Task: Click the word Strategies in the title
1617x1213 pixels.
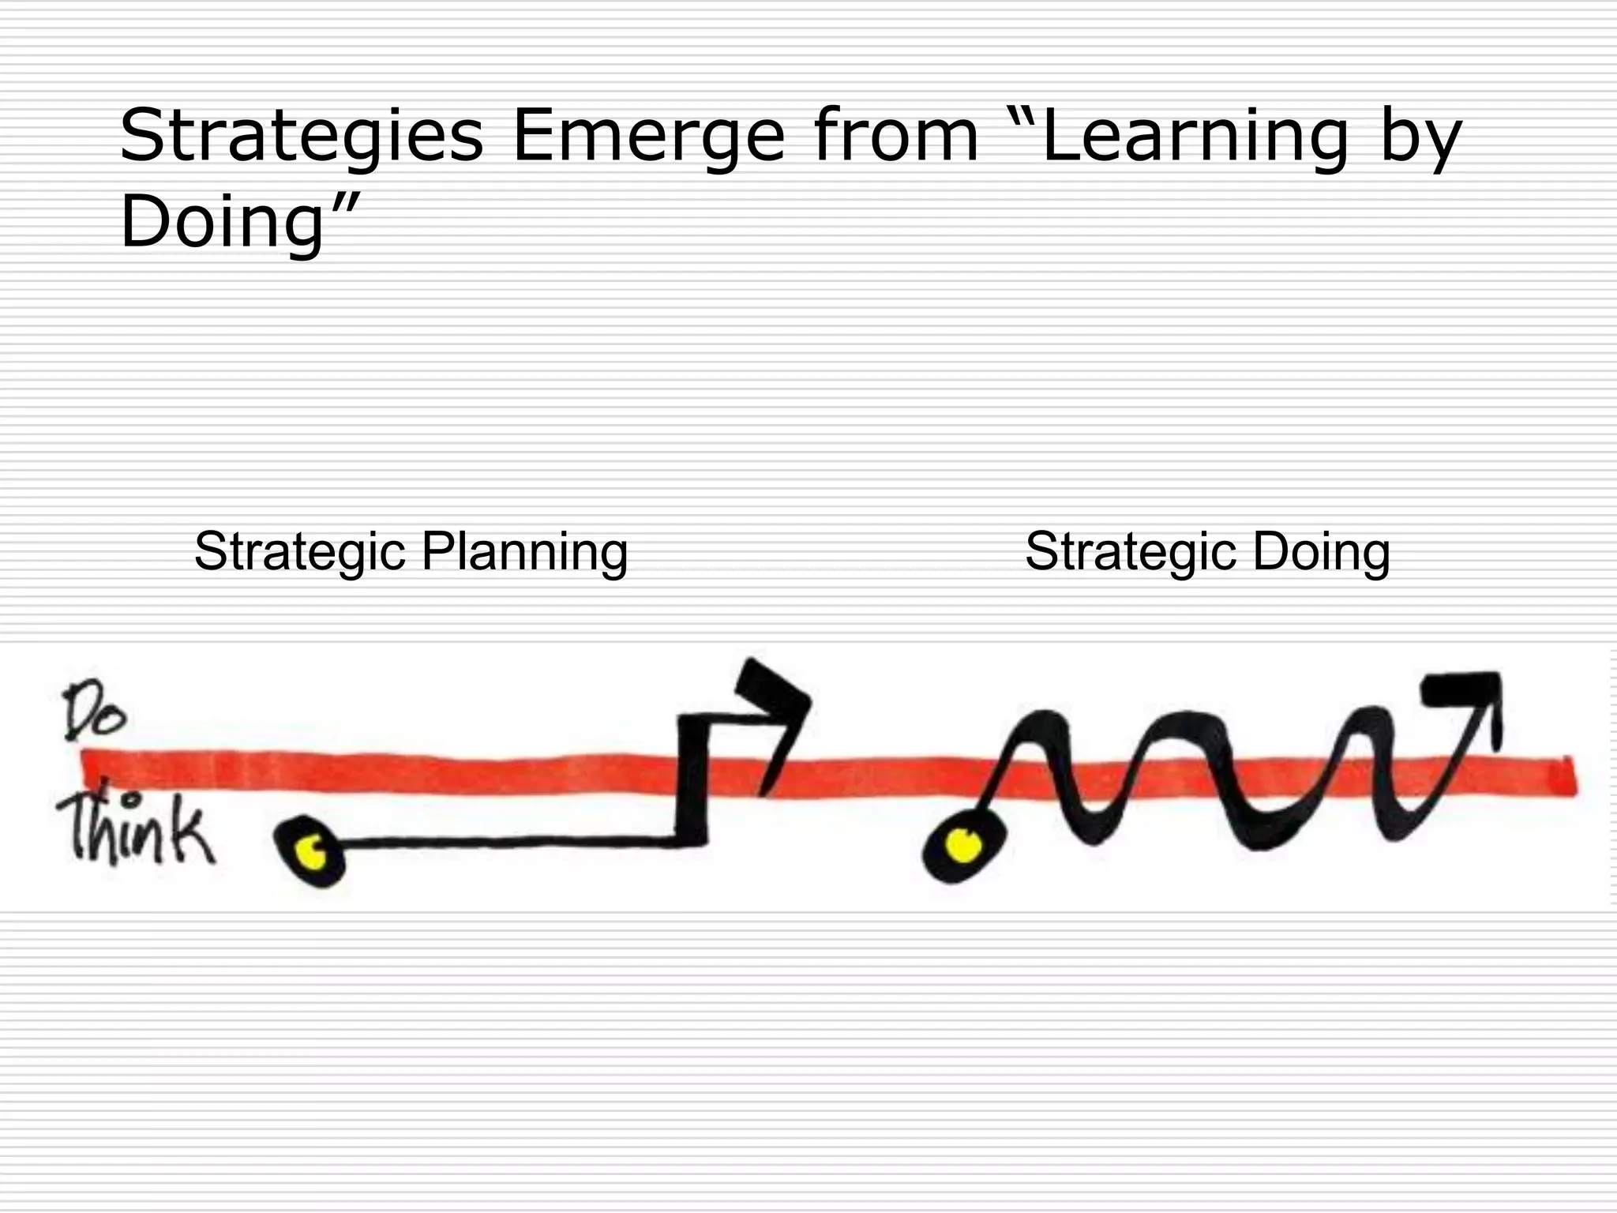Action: [x=301, y=136]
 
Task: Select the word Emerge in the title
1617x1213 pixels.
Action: [x=648, y=136]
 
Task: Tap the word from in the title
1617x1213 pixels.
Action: [x=896, y=136]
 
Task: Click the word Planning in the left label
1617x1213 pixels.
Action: [x=524, y=552]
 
